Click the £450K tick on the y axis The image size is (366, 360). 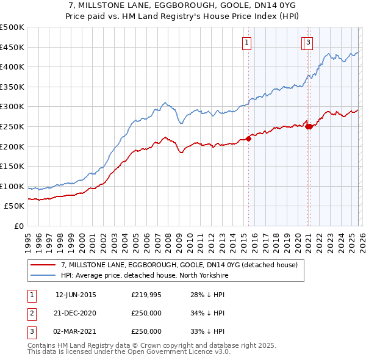pyautogui.click(x=12, y=47)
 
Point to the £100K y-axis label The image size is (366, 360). pyautogui.click(x=12, y=186)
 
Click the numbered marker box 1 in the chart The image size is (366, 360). pyautogui.click(x=247, y=42)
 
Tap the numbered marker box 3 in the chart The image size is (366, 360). pyautogui.click(x=309, y=42)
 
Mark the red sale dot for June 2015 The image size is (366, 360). pyautogui.click(x=249, y=138)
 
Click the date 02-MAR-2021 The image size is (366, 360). pyautogui.click(x=76, y=331)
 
